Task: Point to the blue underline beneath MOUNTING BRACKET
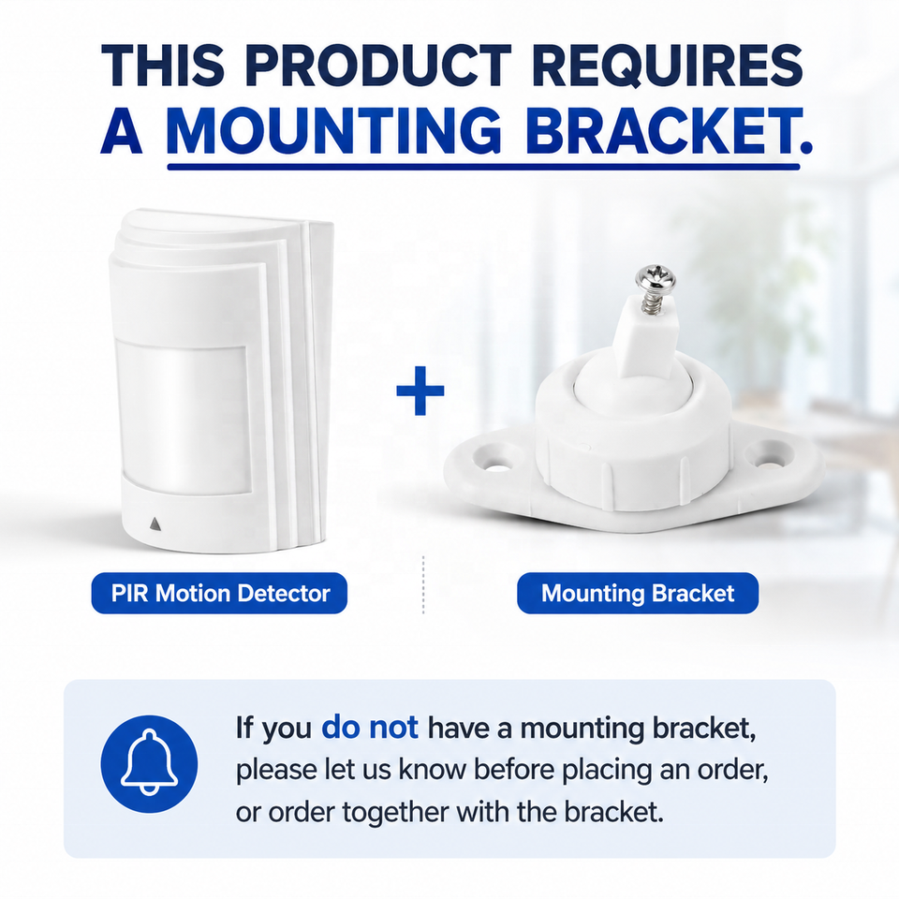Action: (483, 167)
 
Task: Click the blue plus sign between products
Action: (420, 391)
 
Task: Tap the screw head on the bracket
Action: (655, 280)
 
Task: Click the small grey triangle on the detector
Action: (155, 523)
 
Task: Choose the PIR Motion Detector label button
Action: (219, 593)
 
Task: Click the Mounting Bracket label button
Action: (638, 593)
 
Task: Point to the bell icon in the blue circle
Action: (149, 763)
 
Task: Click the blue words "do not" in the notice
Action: (370, 727)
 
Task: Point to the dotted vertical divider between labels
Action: (423, 584)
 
